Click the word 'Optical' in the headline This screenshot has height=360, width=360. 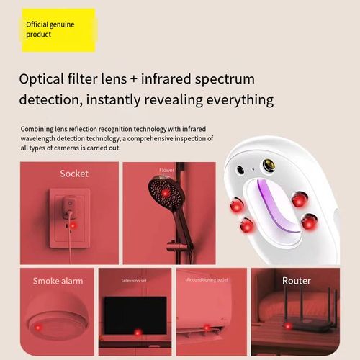click(45, 78)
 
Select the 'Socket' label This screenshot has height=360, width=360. click(74, 174)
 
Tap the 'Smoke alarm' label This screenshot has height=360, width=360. click(58, 281)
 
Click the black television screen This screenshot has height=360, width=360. click(135, 314)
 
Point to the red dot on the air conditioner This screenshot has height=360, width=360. click(207, 328)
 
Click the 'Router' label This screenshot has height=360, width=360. click(296, 280)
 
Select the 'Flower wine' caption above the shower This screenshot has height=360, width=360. click(166, 173)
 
